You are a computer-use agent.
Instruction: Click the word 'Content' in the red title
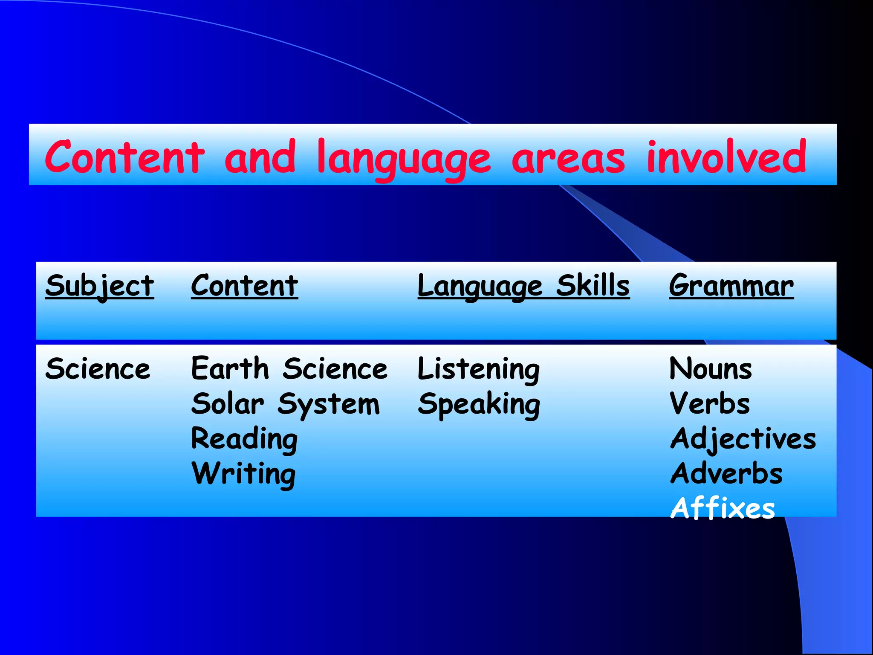tap(125, 157)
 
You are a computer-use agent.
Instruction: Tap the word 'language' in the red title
tap(404, 159)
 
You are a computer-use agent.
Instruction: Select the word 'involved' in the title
tap(726, 157)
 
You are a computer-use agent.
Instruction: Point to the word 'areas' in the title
tap(568, 159)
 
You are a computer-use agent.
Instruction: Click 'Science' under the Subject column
tap(98, 369)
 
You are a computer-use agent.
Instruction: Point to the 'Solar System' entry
tap(285, 404)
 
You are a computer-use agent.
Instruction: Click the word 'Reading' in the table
tap(244, 439)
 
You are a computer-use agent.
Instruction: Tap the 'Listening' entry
tap(478, 369)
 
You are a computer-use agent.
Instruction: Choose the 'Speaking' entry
tap(479, 404)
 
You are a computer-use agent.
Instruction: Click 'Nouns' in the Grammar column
tap(711, 369)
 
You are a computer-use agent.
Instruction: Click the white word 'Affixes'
tap(723, 508)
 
